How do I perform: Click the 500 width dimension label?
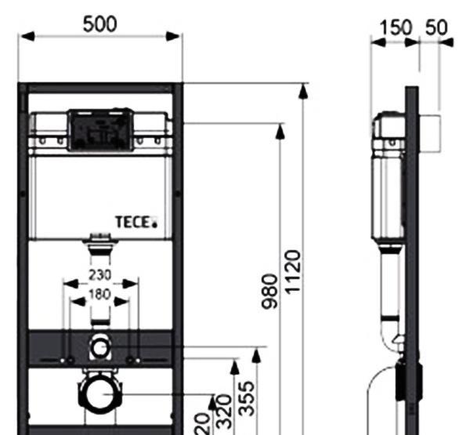100,24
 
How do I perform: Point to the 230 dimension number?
99,275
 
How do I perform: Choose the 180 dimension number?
99,295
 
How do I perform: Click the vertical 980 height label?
269,292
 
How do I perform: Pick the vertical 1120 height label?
292,271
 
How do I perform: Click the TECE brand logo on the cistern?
137,223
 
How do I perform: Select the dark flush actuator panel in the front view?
98,130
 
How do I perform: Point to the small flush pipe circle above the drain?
100,345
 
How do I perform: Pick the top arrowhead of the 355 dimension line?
256,357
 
